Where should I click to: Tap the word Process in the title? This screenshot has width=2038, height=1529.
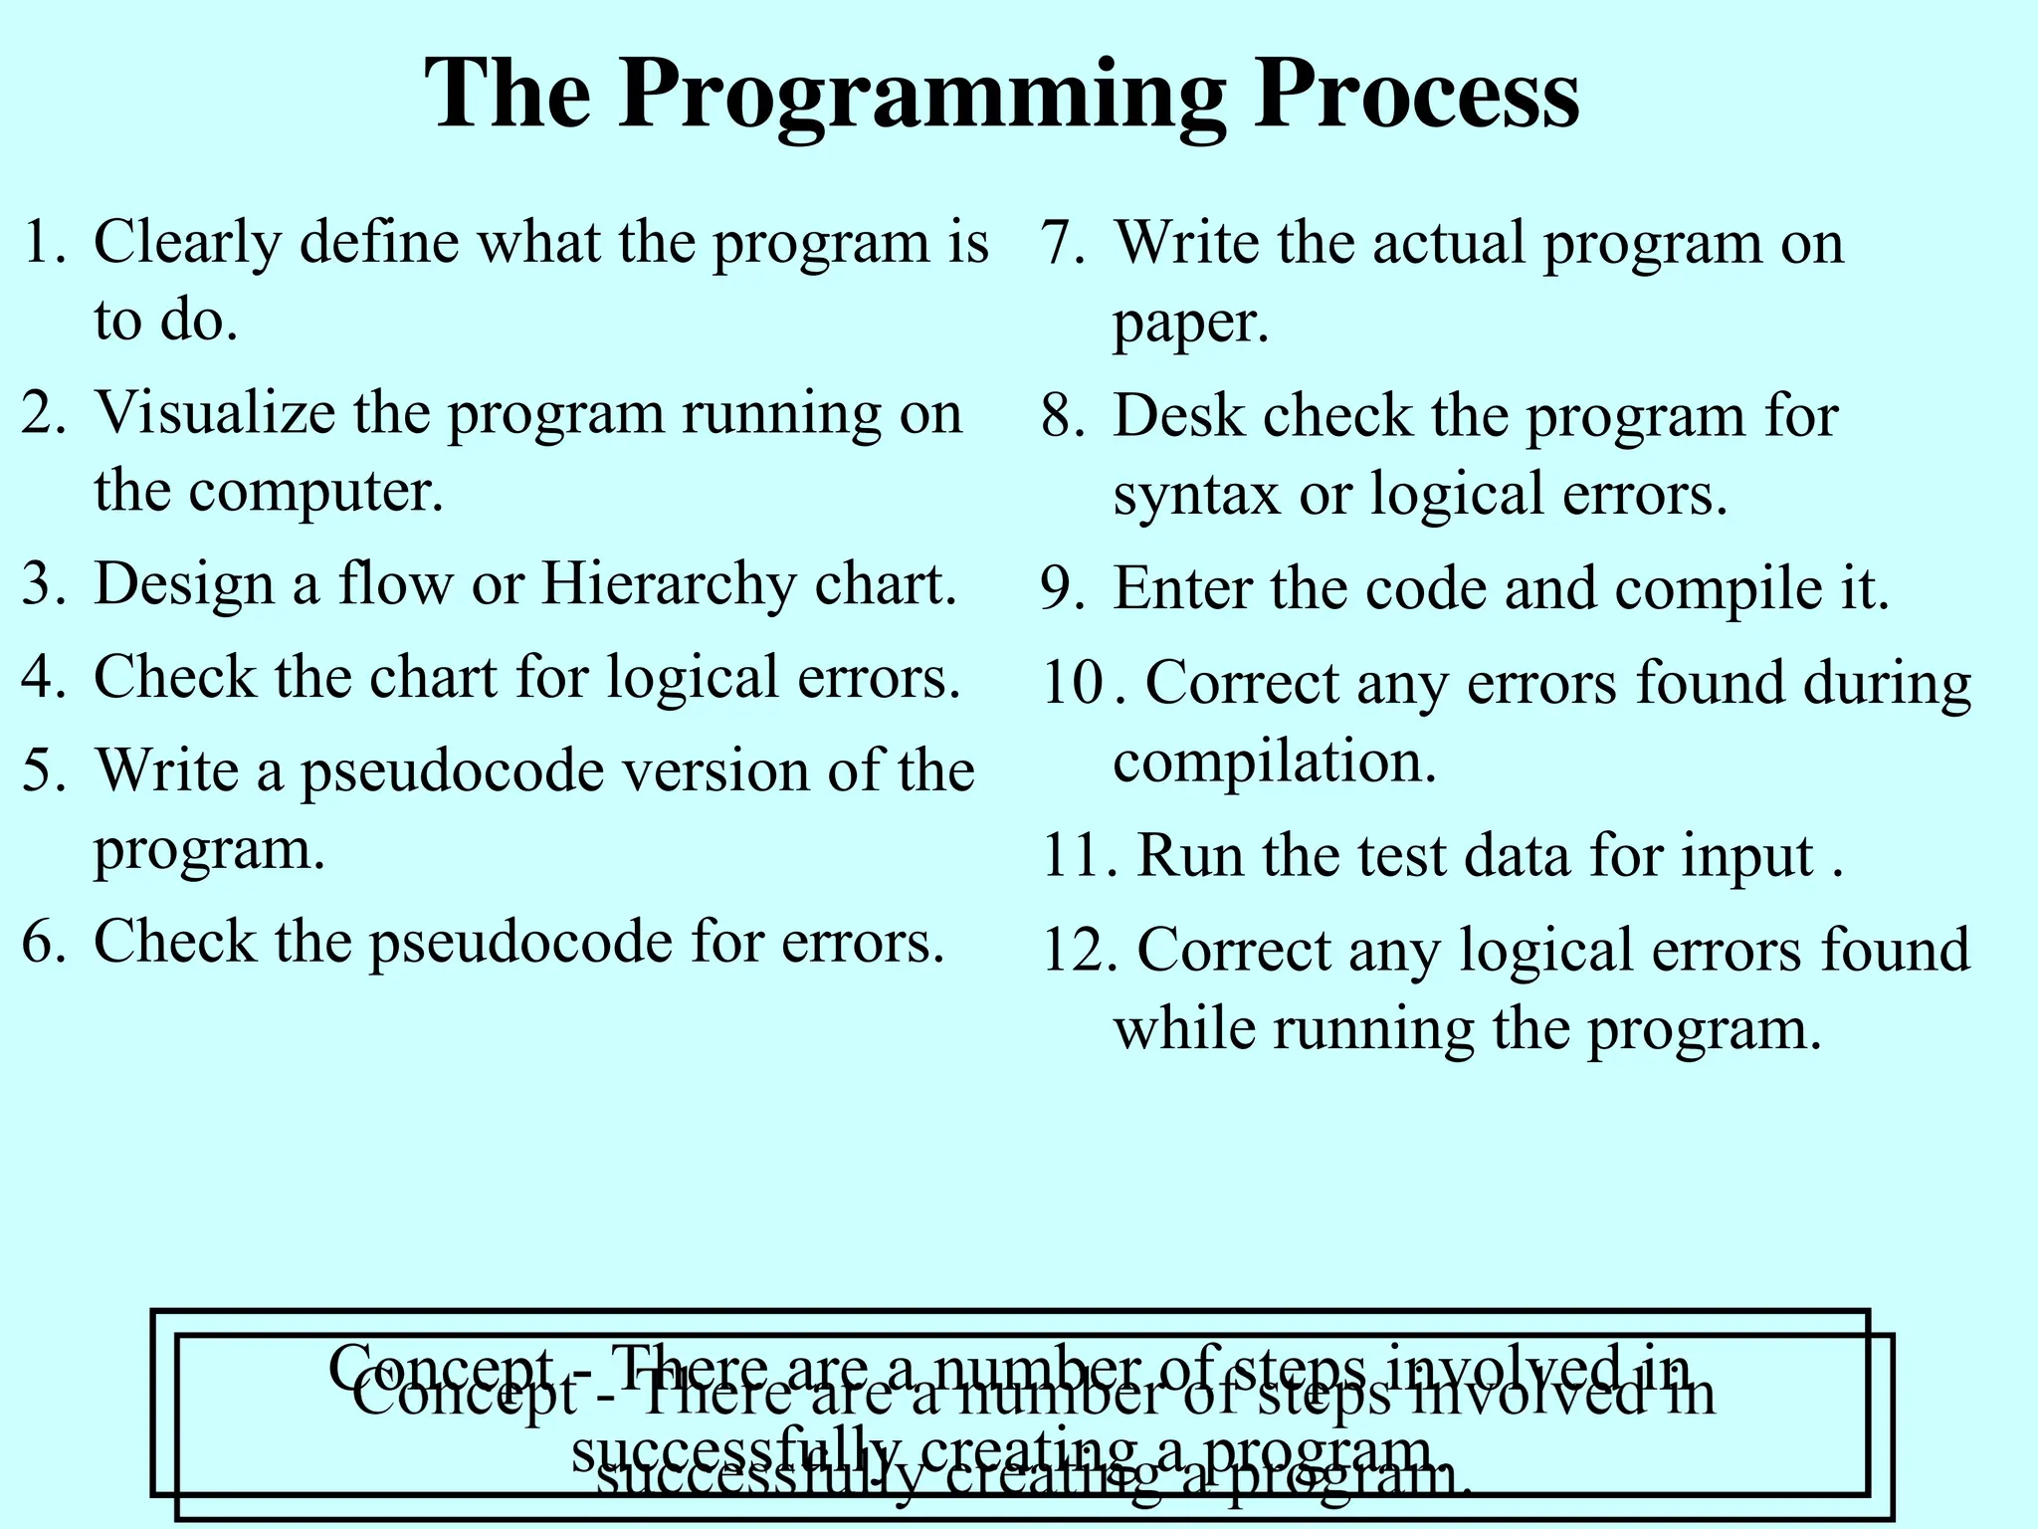[x=1415, y=95]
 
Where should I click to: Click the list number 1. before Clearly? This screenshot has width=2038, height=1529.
[x=44, y=243]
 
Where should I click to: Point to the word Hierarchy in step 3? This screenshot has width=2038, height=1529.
[x=668, y=584]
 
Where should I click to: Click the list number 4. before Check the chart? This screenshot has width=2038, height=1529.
[x=44, y=678]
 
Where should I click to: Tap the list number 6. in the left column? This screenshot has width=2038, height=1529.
[x=44, y=942]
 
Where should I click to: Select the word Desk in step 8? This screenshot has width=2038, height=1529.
[x=1178, y=416]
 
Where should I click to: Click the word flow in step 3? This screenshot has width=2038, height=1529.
[x=395, y=584]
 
